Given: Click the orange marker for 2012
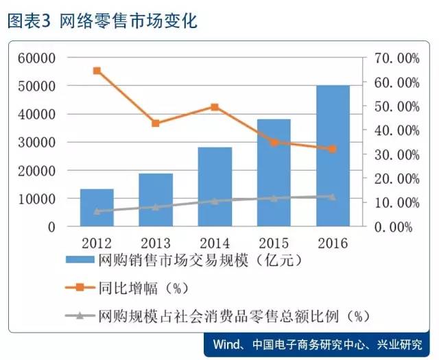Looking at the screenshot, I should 97,71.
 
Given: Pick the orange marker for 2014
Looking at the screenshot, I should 215,107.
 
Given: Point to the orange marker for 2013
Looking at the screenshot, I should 156,123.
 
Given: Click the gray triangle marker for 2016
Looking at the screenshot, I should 333,196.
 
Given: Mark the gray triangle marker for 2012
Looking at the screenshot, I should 97,211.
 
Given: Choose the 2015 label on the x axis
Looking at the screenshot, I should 274,243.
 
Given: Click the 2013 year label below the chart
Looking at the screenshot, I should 156,243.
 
